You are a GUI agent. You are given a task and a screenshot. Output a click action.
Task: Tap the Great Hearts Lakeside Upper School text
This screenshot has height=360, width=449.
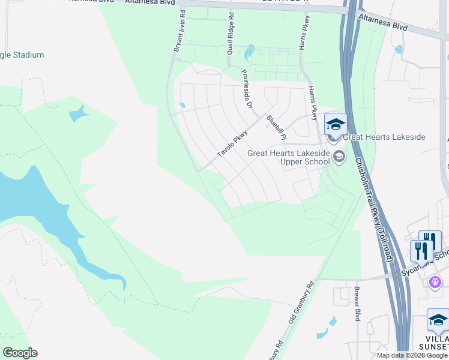(x=289, y=158)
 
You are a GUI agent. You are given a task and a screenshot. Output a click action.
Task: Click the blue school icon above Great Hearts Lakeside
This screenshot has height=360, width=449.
(x=336, y=124)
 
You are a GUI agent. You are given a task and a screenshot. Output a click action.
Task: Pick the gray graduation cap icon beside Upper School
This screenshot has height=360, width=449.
(x=339, y=157)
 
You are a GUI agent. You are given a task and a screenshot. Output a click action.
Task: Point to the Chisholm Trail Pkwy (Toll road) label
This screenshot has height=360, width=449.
(x=373, y=210)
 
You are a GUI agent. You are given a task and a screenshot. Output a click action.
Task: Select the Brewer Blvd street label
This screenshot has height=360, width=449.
(x=357, y=306)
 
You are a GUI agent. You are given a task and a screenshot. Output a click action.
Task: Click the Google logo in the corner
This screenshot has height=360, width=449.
(x=20, y=353)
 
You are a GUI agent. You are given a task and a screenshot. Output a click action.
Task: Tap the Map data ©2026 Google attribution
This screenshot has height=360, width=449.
(x=412, y=355)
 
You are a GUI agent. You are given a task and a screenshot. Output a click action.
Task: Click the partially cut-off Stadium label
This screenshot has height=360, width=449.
(x=22, y=55)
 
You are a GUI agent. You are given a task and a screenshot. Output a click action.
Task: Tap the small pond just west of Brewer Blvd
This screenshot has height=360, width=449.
(x=323, y=331)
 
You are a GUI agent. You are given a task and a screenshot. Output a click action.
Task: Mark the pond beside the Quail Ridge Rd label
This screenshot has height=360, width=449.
(x=250, y=52)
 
